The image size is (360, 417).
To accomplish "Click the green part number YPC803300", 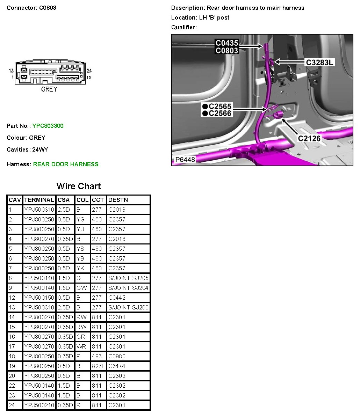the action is pos(48,126).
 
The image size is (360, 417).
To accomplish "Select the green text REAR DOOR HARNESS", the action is pos(66,164).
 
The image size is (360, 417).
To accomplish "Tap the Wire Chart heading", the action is pos(79,186).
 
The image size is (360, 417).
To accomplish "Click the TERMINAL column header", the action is pos(39,200).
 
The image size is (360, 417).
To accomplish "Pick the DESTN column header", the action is pos(118,200).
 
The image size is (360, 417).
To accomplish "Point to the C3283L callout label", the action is pos(319,63).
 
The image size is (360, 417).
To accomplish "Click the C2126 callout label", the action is pos(309,138).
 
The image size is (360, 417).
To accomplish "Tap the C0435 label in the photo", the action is pos(226,43).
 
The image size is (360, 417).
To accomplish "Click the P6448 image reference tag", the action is pos(185,160).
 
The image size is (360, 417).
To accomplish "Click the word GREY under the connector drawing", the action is pos(49,89).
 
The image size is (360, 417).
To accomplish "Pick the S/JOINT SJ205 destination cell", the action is pos(128,278).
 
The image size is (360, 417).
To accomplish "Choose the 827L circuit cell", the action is pos(98,366).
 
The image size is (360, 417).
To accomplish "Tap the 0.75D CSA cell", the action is pos(65,356).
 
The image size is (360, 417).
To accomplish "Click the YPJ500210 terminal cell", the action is pos(39,405).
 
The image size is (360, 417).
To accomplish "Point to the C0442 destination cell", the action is pos(117,298).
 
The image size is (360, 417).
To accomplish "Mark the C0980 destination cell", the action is pos(117,356).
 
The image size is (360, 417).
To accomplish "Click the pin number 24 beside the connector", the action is pos(89,71).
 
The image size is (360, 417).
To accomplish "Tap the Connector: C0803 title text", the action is pos(31,8).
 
